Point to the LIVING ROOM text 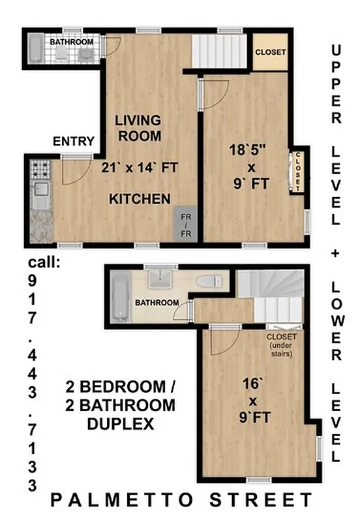coord(138,129)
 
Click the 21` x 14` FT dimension coord(140,167)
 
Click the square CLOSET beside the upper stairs coord(270,53)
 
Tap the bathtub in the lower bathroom coord(121,298)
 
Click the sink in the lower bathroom coord(158,279)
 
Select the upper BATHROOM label coord(71,42)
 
